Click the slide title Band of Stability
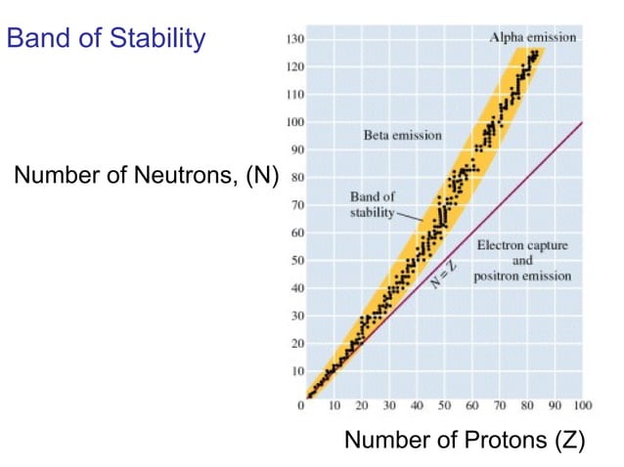(x=107, y=39)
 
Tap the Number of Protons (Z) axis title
(x=465, y=440)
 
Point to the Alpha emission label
(x=533, y=37)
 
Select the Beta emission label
(x=403, y=135)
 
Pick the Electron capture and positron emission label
(x=522, y=261)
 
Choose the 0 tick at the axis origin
(x=301, y=404)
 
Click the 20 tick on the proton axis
(x=362, y=405)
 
